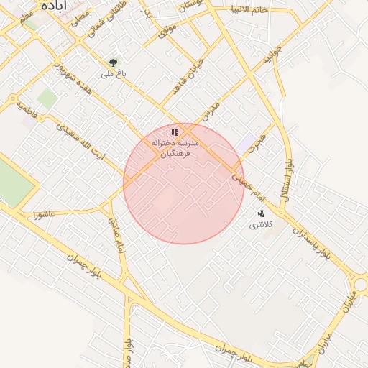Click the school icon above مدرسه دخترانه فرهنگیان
[x=174, y=132]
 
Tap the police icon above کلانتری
[x=260, y=213]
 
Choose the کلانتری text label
[x=257, y=226]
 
